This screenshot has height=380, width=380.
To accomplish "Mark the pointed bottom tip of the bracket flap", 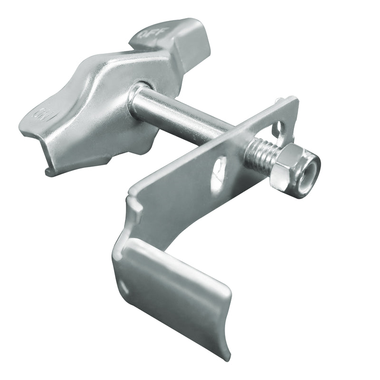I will [x=227, y=356].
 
